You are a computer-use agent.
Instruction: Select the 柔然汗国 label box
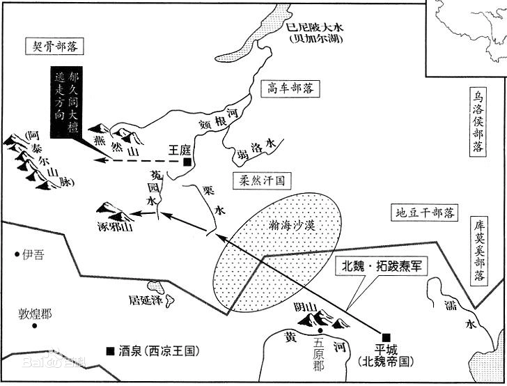pyautogui.click(x=261, y=180)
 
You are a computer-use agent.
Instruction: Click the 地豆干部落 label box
pyautogui.click(x=425, y=212)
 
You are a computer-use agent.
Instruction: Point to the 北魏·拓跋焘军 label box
pyautogui.click(x=384, y=265)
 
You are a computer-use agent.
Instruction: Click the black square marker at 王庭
pyautogui.click(x=187, y=162)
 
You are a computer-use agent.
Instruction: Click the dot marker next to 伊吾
pyautogui.click(x=18, y=256)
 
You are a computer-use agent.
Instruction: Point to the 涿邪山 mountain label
pyautogui.click(x=115, y=224)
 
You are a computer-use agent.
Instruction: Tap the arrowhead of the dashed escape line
pyautogui.click(x=100, y=161)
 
